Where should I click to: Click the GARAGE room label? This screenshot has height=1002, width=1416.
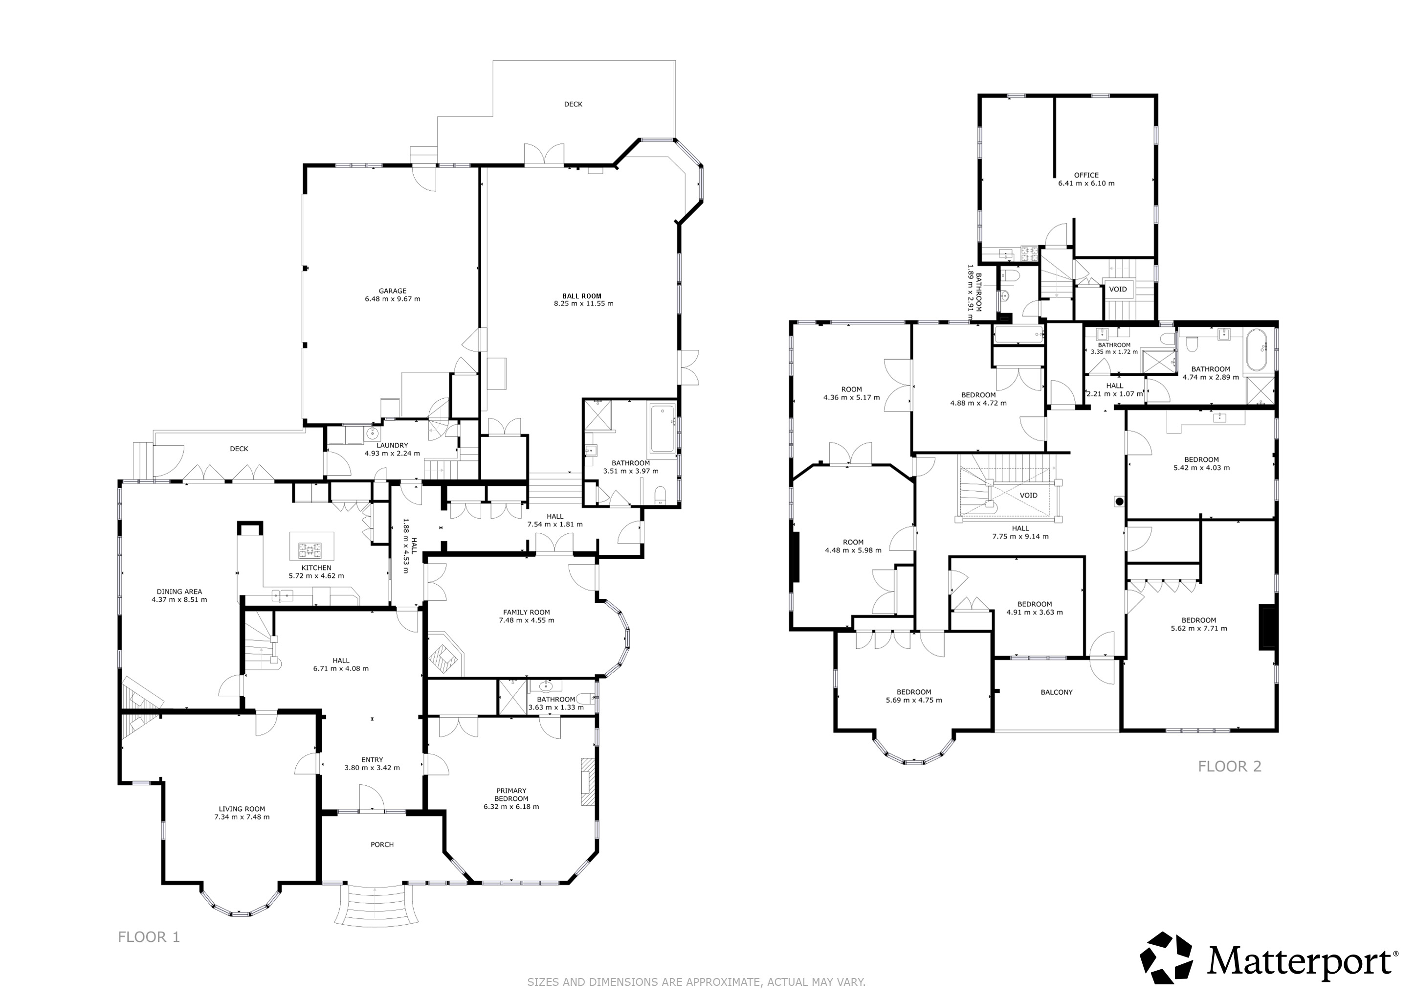392,291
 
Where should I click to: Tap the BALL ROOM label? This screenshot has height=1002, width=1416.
581,296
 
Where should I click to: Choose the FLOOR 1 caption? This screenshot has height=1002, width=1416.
149,937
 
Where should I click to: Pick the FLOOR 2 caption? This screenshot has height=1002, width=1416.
1230,766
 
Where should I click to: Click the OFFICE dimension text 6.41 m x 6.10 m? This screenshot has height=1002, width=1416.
1086,183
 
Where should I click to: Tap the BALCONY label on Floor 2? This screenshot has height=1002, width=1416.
1057,692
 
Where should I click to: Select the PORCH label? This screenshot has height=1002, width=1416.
382,844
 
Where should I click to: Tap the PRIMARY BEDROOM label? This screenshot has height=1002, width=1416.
511,795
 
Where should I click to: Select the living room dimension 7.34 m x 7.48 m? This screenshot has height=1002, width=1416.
242,817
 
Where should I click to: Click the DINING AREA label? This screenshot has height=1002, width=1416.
179,592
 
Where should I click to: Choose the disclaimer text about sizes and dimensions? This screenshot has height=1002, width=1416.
696,981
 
